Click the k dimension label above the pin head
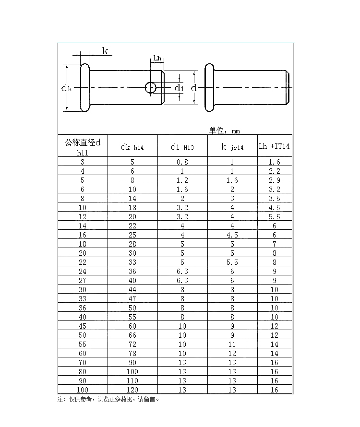coord(105,51)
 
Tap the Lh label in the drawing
coord(157,59)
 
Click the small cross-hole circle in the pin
coord(151,88)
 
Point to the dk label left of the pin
coord(67,88)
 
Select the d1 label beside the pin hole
coord(179,88)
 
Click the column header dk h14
coord(132,147)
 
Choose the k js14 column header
coord(232,147)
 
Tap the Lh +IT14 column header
coord(274,146)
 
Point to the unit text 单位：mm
coord(224,130)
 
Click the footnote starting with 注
coord(108,399)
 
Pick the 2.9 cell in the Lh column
coord(275,180)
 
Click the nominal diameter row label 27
coord(83,281)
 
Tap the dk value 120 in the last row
coord(132,390)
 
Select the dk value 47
coord(132,299)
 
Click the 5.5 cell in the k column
coord(232,262)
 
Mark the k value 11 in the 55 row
coord(232,344)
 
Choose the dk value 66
coord(132,335)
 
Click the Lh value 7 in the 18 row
coord(275,244)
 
